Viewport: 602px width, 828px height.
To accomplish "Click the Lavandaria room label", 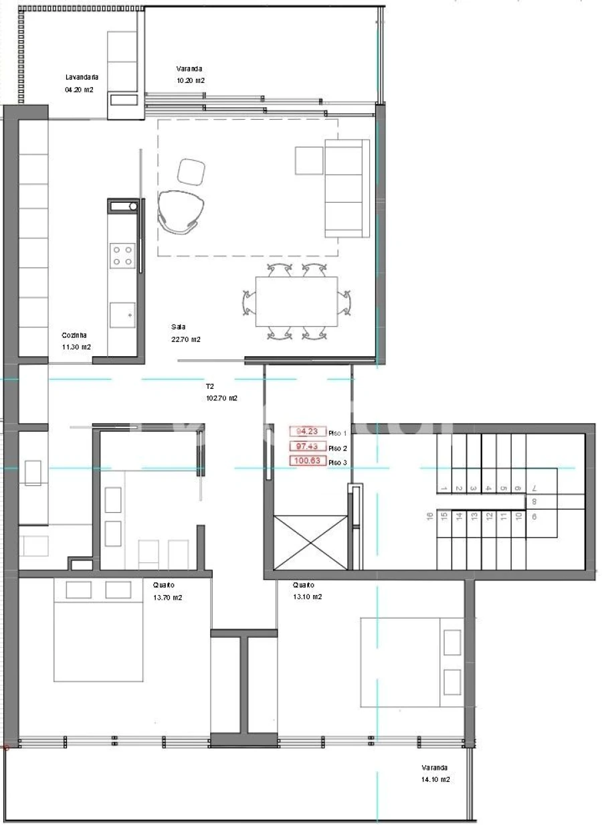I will tap(82, 76).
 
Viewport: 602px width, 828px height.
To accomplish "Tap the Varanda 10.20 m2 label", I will tap(189, 69).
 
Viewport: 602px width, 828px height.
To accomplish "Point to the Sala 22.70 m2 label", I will tap(179, 327).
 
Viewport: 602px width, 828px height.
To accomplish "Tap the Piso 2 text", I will tap(338, 448).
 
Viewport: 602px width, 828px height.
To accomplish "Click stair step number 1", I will tap(443, 489).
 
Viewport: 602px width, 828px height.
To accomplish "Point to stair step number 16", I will tap(428, 517).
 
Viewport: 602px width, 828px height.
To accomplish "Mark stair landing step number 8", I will tap(534, 502).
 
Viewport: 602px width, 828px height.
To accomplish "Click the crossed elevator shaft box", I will tap(310, 542).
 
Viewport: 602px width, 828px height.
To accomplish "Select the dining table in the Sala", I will tap(296, 302).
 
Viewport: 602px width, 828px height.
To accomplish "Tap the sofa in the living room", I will tap(346, 189).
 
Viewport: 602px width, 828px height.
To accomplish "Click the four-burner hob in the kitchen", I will tap(122, 254).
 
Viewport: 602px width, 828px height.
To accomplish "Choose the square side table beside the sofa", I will tap(308, 160).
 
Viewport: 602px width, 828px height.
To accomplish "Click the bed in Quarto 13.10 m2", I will tap(411, 662).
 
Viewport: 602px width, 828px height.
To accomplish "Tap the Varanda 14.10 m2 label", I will tap(435, 774).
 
